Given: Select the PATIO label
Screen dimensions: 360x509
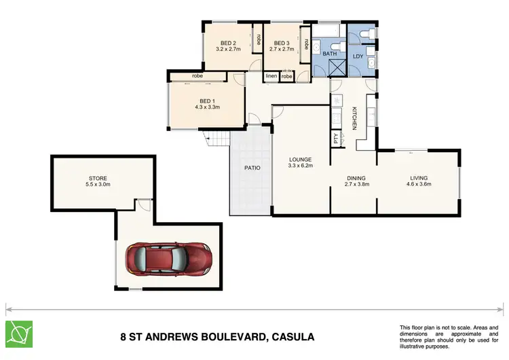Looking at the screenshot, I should [x=252, y=167].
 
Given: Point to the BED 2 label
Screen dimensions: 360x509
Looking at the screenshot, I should [x=225, y=42].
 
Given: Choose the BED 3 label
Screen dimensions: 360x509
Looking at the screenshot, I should [x=280, y=42].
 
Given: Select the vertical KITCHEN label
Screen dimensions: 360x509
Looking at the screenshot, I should [x=354, y=118].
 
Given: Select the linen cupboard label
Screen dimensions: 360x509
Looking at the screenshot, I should [x=271, y=76].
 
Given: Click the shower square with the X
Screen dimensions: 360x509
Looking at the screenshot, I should [x=337, y=69].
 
